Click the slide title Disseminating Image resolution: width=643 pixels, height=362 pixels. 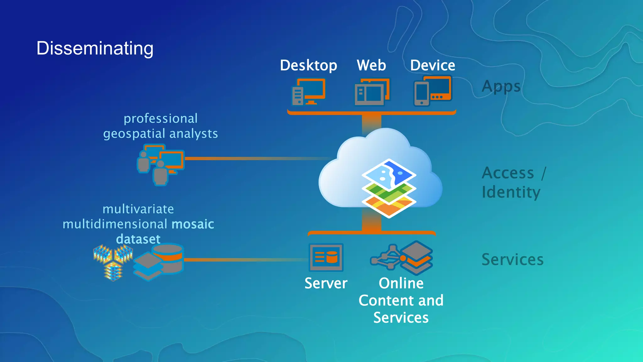pos(95,48)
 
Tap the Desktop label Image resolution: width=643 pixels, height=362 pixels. pos(308,65)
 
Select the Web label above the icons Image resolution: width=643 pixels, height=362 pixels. pos(371,65)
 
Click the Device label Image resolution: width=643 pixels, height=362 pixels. pos(432,65)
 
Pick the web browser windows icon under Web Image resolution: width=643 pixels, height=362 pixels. pos(372,92)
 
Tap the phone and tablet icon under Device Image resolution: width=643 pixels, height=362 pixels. pos(433,91)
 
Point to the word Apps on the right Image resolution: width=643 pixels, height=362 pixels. pos(501,86)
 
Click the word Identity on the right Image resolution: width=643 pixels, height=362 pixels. pos(511,192)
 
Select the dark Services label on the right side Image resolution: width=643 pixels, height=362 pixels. pos(512,260)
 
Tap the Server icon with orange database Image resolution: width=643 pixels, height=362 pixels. pos(326,257)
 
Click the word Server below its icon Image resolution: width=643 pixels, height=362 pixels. pos(326,283)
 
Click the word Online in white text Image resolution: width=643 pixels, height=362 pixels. pos(401,283)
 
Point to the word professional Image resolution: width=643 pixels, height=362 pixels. pos(160,119)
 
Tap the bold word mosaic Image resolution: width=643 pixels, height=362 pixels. pos(193,224)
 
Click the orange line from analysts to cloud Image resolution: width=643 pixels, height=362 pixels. pos(251,159)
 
